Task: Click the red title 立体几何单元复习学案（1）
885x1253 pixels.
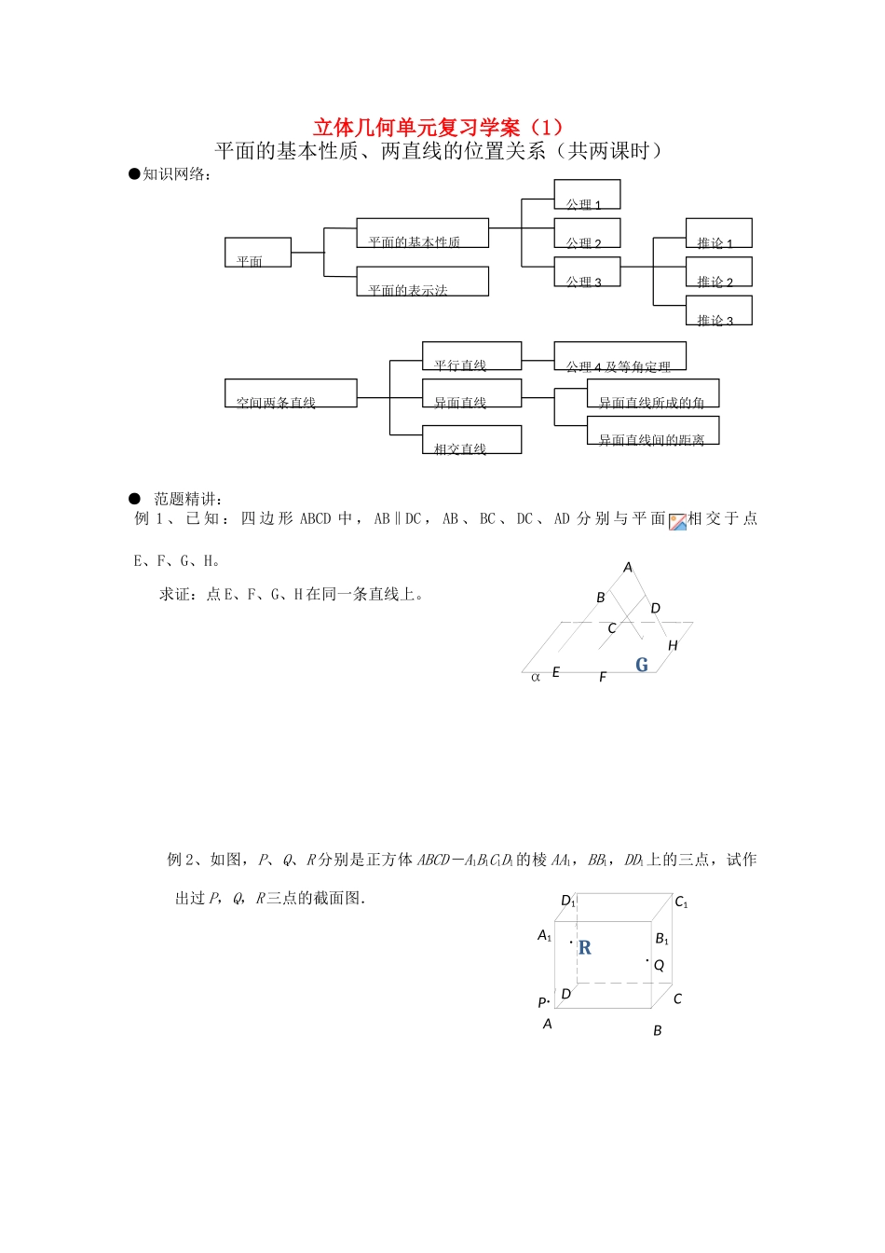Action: [x=438, y=128]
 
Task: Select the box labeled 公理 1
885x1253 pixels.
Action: [x=587, y=195]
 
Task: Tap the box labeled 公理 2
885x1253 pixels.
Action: [x=587, y=233]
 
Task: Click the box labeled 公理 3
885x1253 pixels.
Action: [x=587, y=271]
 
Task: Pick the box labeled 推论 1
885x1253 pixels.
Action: [x=718, y=233]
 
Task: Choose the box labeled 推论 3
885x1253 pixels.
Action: [x=718, y=310]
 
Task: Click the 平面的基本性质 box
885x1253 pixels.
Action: [x=422, y=233]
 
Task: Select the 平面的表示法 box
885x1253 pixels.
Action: [x=422, y=282]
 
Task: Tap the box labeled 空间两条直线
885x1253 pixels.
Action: [x=291, y=393]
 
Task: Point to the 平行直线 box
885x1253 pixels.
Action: [x=471, y=356]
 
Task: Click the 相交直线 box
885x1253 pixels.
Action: [x=471, y=440]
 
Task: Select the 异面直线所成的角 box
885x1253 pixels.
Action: [x=653, y=393]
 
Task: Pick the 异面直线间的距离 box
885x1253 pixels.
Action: [x=653, y=431]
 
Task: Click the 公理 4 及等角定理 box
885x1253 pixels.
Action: [x=619, y=356]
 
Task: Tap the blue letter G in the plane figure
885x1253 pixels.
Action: [x=642, y=665]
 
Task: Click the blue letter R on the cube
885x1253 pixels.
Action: [x=585, y=948]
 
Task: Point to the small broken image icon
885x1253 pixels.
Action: [x=677, y=521]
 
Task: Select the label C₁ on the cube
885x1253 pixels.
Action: [x=681, y=902]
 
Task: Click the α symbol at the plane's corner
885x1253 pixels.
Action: [x=536, y=677]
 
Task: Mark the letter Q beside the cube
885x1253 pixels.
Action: [x=659, y=966]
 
